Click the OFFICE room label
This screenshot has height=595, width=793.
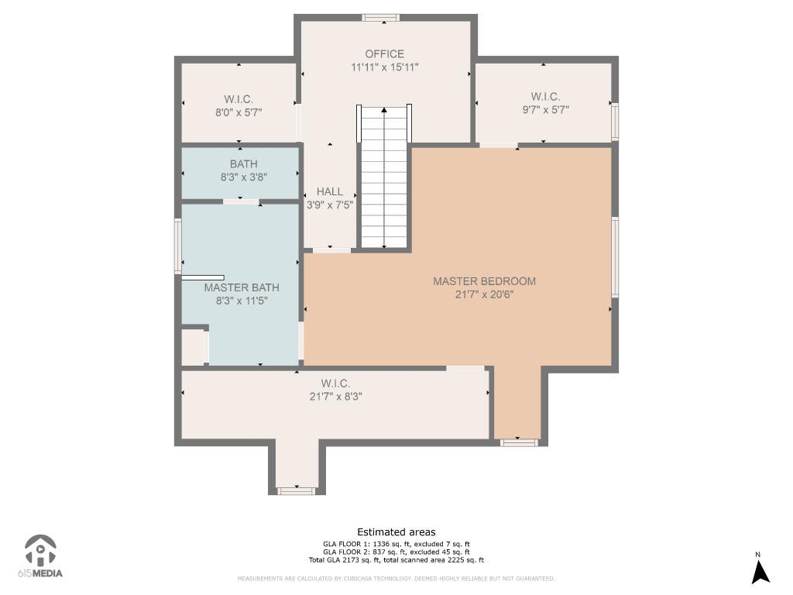384,54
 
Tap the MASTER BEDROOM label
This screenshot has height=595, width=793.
484,281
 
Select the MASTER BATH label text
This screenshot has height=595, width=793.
242,287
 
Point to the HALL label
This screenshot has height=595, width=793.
330,192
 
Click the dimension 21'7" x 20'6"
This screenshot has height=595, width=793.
484,294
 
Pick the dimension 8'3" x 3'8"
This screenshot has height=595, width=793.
244,177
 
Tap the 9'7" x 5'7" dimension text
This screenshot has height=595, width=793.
546,110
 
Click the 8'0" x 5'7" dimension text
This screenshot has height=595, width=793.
239,112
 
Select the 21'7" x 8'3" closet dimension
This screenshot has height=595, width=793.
335,397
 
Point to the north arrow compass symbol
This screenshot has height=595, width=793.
760,569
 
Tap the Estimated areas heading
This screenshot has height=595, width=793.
396,532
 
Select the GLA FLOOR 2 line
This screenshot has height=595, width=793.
396,552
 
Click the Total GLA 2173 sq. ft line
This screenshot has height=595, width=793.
396,560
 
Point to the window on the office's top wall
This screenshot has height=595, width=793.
381,19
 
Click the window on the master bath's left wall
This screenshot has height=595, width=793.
178,246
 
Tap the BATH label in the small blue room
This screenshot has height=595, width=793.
244,164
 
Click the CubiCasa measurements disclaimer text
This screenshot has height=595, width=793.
396,578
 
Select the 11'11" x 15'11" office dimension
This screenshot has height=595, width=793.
384,67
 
